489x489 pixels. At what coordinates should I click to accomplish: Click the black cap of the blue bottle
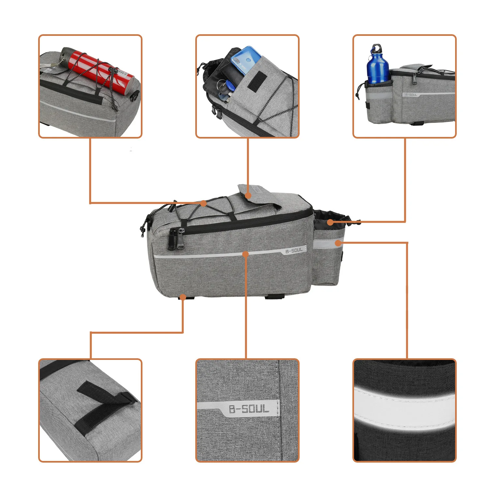[377, 49]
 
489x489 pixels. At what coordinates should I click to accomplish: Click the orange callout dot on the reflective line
[246, 254]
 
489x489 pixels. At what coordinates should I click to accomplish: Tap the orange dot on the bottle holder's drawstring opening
[330, 222]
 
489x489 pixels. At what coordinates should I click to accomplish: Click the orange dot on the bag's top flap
[248, 196]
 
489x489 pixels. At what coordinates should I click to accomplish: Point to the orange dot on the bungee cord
[203, 203]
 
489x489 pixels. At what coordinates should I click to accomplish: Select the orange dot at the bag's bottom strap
[183, 297]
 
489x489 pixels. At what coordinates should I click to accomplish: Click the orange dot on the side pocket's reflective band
[338, 243]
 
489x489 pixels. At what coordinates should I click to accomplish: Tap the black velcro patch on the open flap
[257, 80]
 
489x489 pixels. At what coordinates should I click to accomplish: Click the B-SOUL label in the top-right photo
[411, 95]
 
